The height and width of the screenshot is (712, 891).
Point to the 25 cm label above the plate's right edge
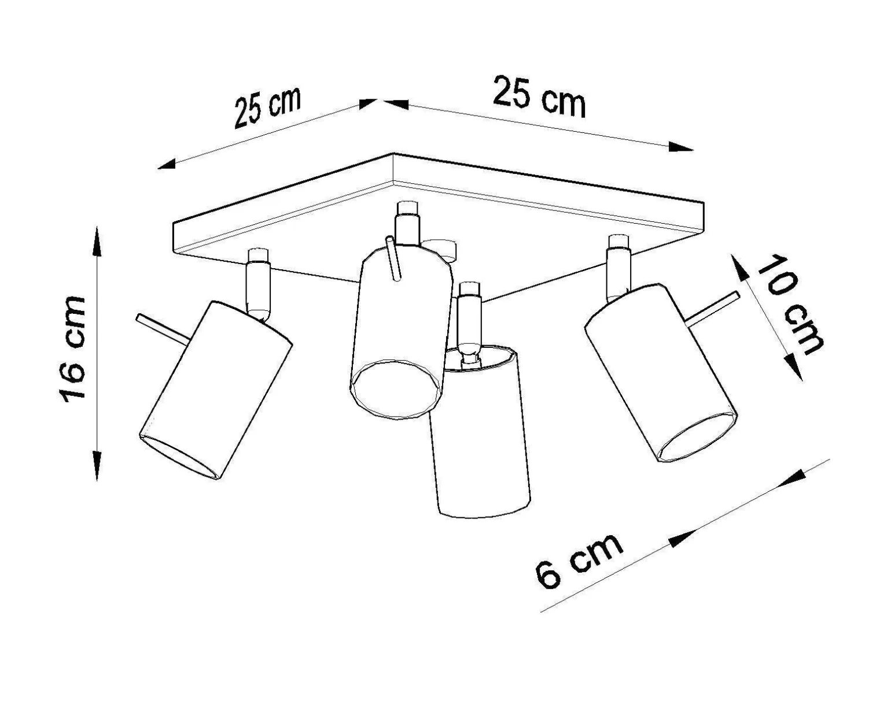click(539, 97)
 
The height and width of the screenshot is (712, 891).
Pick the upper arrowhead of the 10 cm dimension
click(739, 268)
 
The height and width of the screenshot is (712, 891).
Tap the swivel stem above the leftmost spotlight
click(258, 285)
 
